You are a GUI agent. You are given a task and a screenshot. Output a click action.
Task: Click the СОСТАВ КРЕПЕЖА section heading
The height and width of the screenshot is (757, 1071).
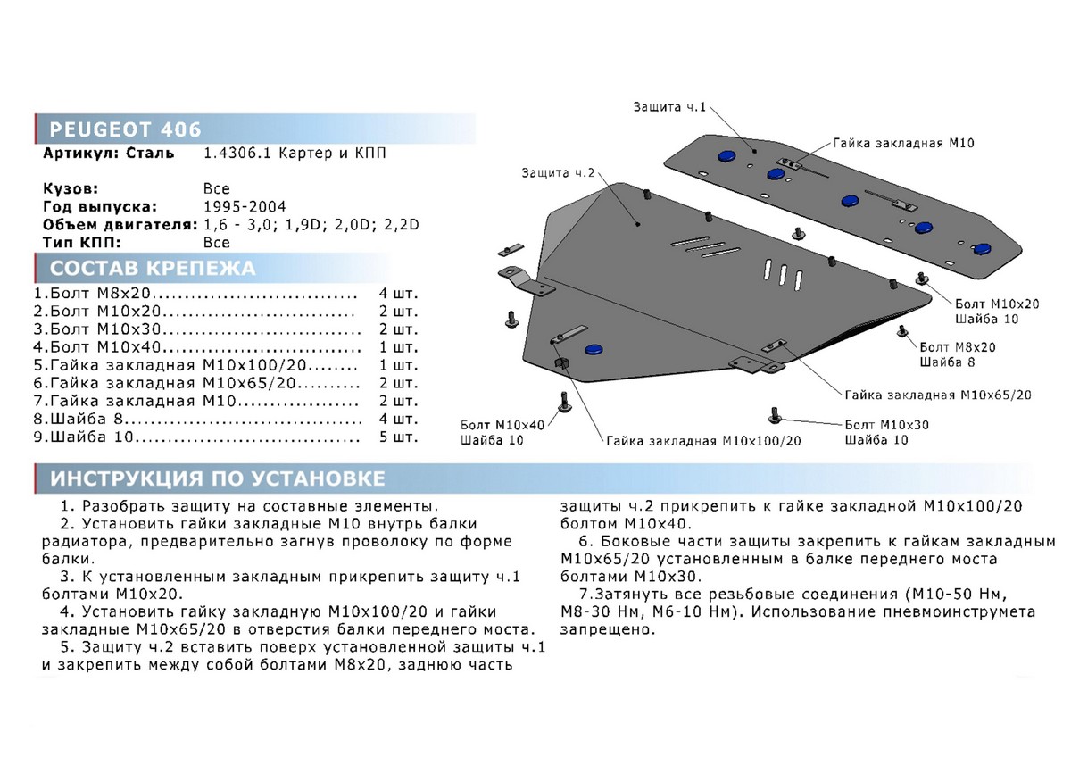pos(152,268)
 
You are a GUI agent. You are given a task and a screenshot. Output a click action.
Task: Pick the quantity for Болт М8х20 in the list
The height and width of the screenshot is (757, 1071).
pos(398,294)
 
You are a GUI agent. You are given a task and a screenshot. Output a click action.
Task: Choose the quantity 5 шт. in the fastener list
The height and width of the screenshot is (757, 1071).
pos(398,437)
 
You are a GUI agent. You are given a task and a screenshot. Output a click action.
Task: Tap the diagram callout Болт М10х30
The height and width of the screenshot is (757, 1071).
pos(886,425)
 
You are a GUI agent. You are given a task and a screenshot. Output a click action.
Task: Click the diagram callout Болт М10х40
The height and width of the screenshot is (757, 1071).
pos(502,425)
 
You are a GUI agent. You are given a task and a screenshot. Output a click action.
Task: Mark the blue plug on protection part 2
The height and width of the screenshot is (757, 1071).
pos(592,349)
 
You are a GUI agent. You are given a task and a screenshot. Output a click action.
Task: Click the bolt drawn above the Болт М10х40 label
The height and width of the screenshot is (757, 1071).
pos(564,403)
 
